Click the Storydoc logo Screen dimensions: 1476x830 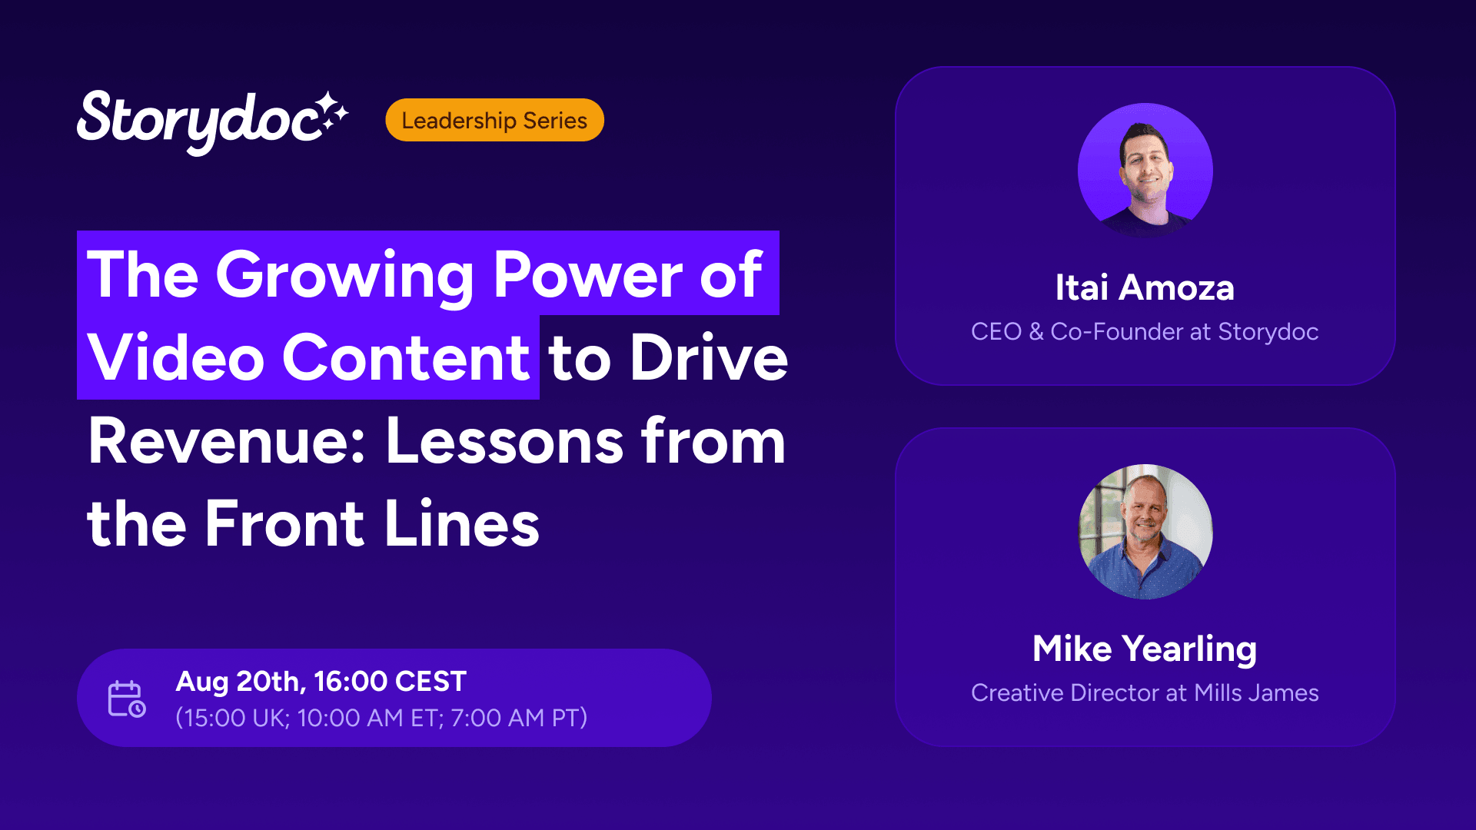212,121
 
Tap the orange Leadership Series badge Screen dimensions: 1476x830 494,120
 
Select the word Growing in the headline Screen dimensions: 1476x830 344,276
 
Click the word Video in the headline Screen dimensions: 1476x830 176,357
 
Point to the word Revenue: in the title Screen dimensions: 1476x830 227,441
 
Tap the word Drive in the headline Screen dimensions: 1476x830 709,357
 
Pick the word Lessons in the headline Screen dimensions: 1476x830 504,441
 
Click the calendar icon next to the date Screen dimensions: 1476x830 127,699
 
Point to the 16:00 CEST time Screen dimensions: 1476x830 391,682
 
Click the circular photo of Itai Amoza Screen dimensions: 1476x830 1145,171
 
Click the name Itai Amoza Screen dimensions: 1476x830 1145,287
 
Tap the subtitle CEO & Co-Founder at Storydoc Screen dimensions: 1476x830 1145,331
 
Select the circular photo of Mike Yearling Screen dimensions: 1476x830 1145,532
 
